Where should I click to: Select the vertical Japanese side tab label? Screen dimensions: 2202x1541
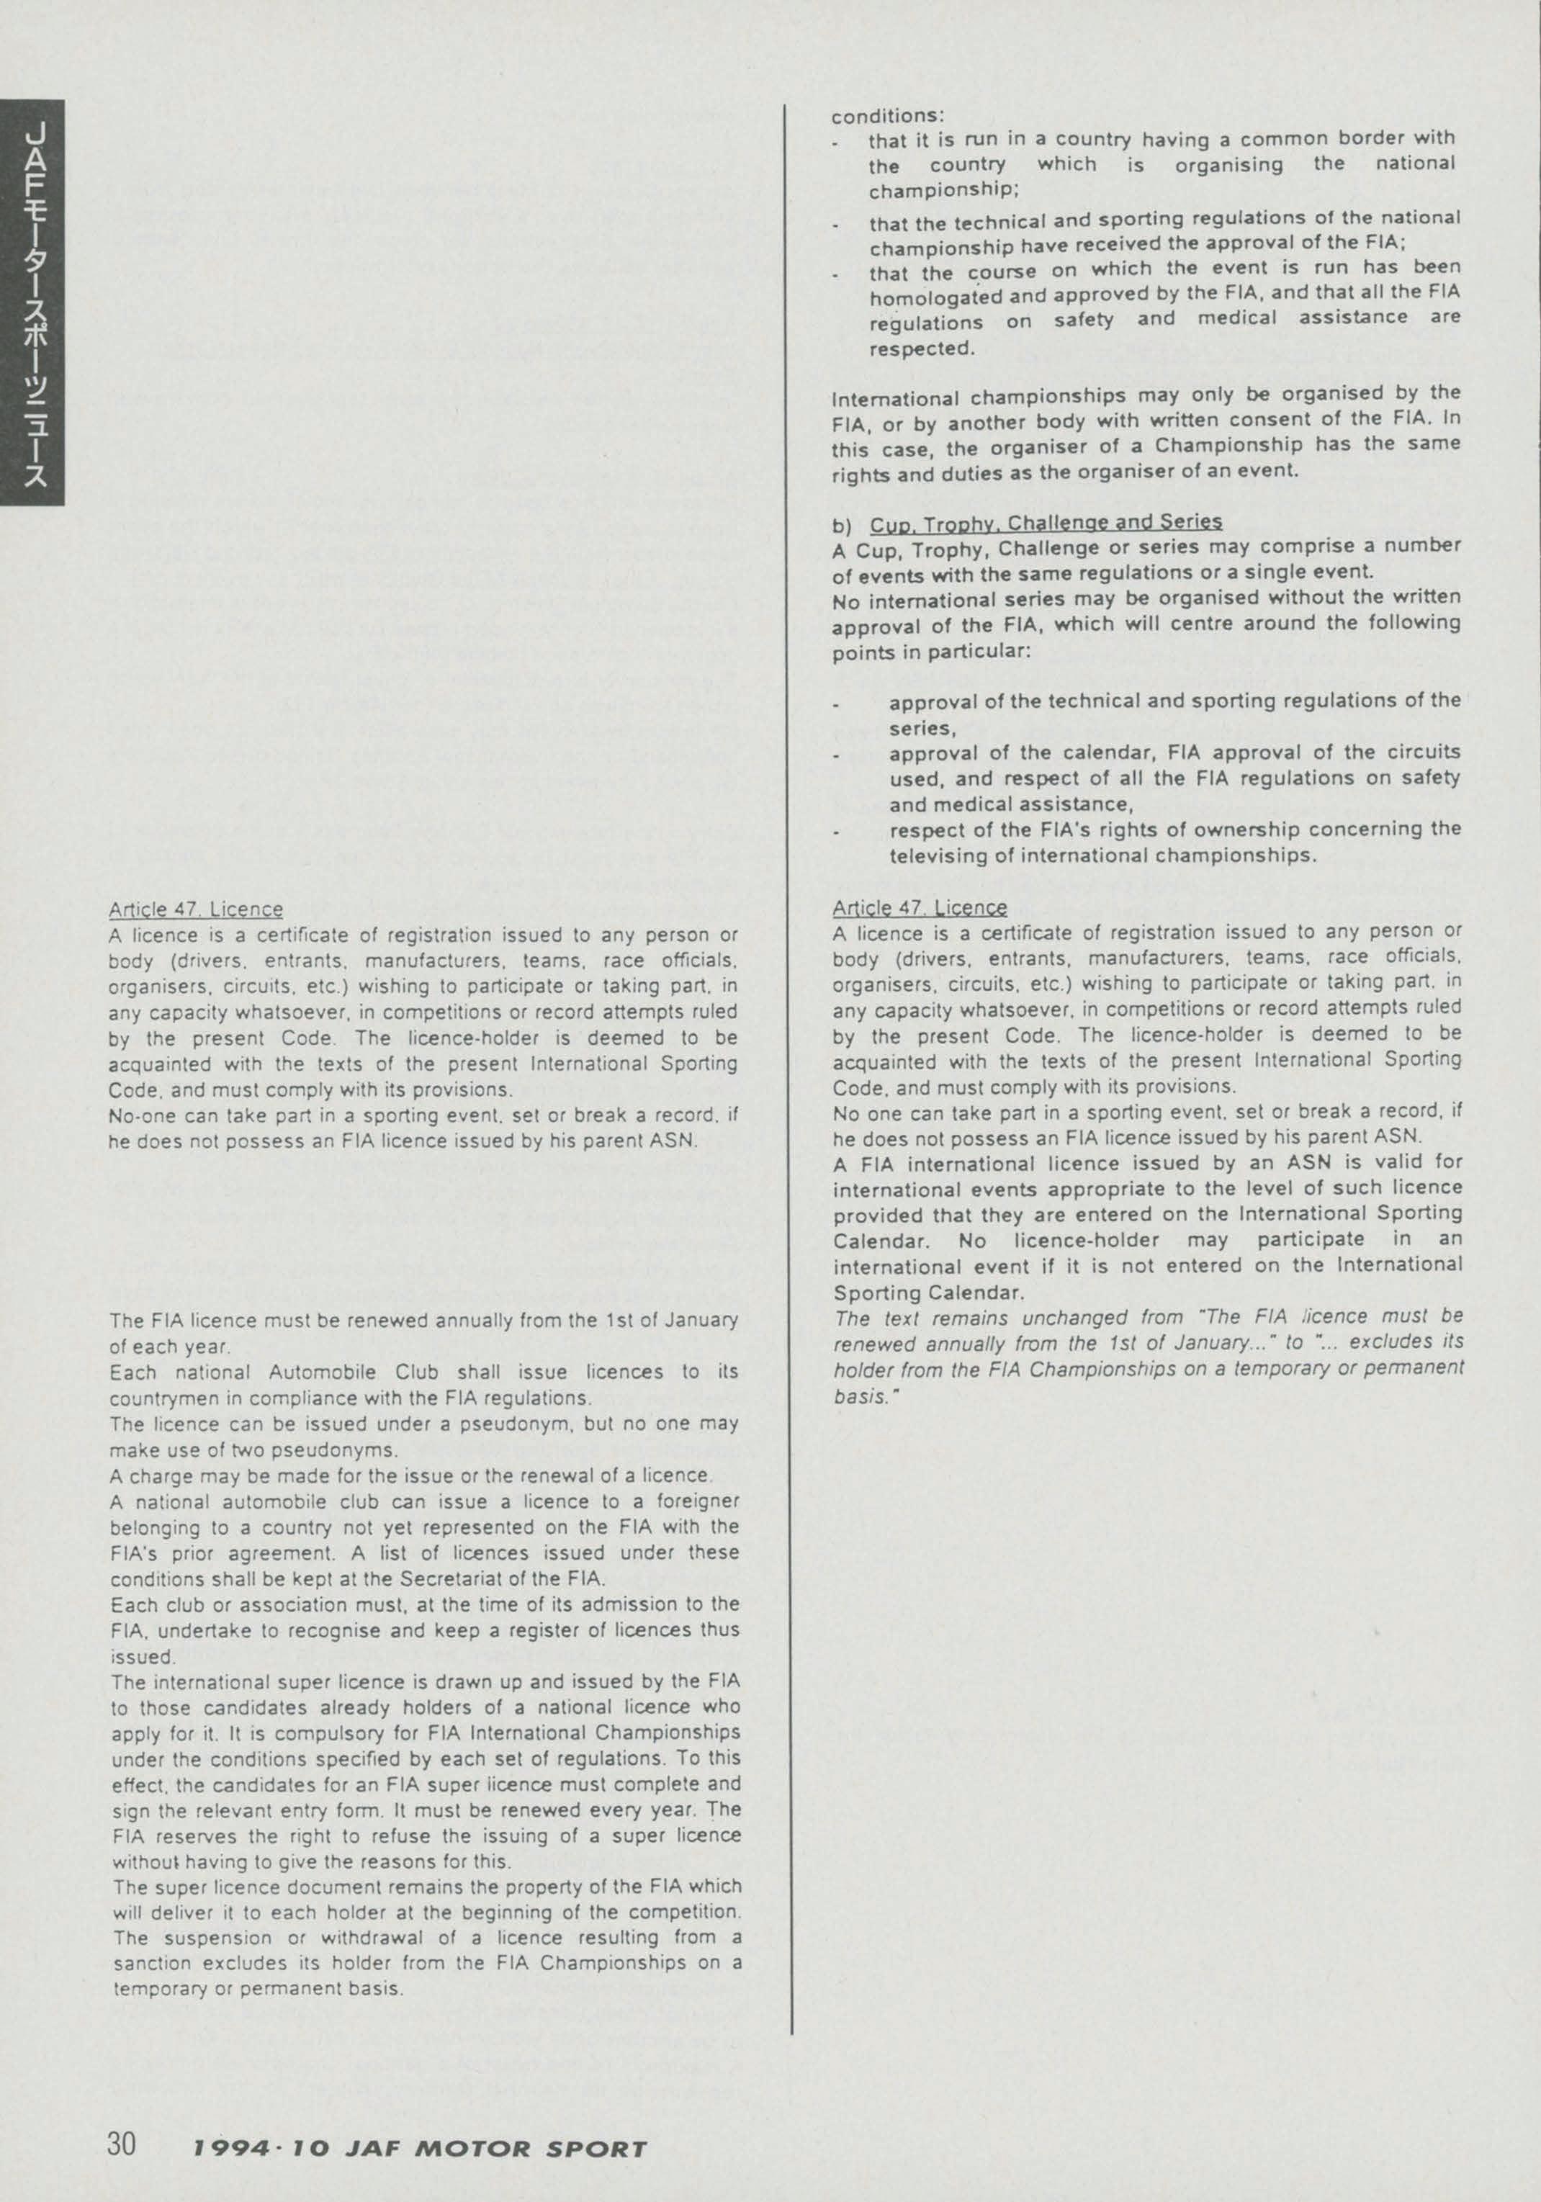pos(32,302)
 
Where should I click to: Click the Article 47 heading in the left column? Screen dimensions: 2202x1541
pos(196,909)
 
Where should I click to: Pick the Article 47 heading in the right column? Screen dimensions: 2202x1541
pos(920,907)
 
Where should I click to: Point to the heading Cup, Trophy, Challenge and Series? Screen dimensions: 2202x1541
pos(1046,523)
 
